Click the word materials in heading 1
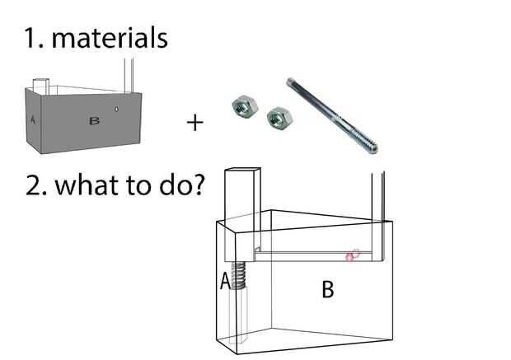tap(110, 38)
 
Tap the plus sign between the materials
tap(195, 123)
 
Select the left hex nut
tap(245, 105)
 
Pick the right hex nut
tap(279, 117)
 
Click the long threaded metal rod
tap(332, 115)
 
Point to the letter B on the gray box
tap(94, 121)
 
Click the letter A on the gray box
tap(33, 119)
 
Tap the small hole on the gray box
tap(117, 109)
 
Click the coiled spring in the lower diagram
tap(239, 276)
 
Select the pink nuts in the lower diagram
tap(353, 255)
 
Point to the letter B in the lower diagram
tap(328, 290)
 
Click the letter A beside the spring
tap(225, 282)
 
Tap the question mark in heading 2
tap(198, 185)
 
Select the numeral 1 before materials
tap(32, 39)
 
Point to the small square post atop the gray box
tap(41, 86)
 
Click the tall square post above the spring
tap(241, 215)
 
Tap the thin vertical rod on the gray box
tap(129, 76)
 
